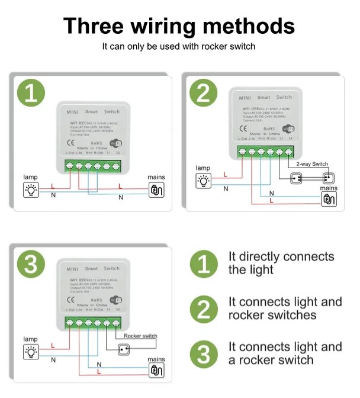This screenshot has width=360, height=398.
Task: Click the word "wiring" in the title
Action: pyautogui.click(x=178, y=26)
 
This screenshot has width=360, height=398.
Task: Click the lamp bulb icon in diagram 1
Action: pyautogui.click(x=30, y=190)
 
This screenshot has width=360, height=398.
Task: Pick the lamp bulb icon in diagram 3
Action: pyautogui.click(x=30, y=352)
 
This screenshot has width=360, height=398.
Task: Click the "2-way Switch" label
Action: pyautogui.click(x=312, y=164)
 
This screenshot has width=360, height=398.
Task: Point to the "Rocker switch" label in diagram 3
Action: pyautogui.click(x=140, y=336)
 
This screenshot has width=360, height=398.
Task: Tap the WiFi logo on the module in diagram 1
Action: pyautogui.click(x=118, y=143)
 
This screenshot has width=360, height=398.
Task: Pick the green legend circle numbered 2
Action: pyautogui.click(x=203, y=309)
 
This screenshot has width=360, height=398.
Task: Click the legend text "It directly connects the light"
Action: pyautogui.click(x=281, y=263)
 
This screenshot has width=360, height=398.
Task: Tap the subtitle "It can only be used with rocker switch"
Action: pyautogui.click(x=179, y=46)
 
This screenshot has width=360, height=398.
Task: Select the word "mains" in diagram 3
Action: pyautogui.click(x=156, y=359)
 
